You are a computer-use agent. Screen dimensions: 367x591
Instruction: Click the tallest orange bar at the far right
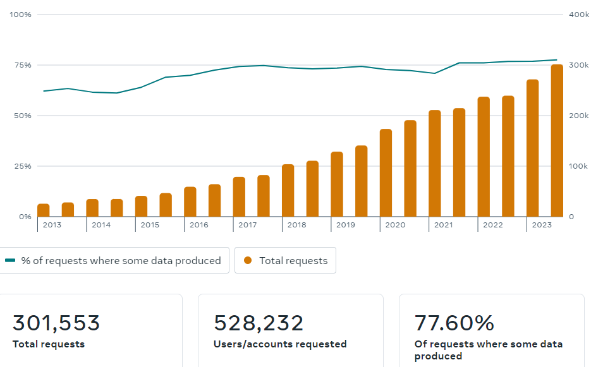coord(557,140)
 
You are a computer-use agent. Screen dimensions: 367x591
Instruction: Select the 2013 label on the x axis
coord(52,225)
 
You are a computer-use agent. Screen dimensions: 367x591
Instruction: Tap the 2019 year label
coord(346,225)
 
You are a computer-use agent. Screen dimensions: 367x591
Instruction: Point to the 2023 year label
coord(542,225)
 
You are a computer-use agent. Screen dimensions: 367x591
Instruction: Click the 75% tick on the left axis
coord(23,65)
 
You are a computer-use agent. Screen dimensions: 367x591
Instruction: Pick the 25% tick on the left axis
coord(23,166)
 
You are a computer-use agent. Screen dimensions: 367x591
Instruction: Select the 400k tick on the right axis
coord(579,15)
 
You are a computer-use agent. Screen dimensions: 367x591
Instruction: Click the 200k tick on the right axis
coord(579,116)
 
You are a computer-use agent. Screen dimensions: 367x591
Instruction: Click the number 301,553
coord(56,323)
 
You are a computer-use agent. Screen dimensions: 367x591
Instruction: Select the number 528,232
coord(259,323)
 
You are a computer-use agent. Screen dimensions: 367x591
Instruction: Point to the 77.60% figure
coord(454,323)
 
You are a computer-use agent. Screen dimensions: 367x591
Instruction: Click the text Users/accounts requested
coord(280,344)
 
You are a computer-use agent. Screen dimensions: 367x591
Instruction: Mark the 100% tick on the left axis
coord(21,15)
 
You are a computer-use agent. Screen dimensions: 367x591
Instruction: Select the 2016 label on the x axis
coord(198,225)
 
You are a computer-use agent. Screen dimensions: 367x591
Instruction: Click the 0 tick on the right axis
coord(571,217)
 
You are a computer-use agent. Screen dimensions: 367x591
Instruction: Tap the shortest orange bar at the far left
coord(43,210)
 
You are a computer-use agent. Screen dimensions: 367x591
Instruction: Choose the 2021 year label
coord(444,225)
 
